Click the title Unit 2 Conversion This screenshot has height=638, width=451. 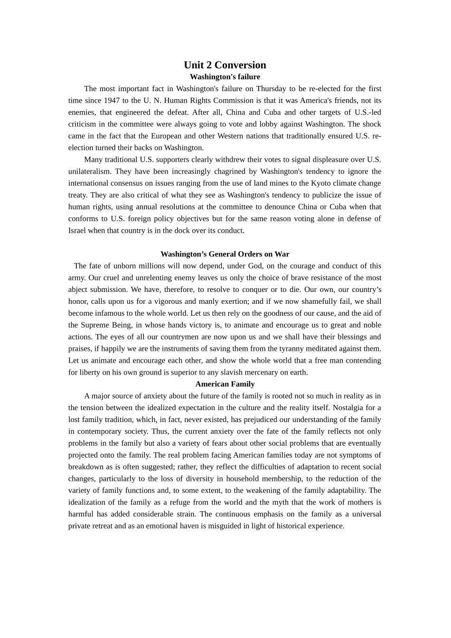coord(225,65)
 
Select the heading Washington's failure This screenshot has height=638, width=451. coord(225,77)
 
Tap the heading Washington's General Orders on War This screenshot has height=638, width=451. coord(225,254)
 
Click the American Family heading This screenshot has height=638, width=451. coord(225,384)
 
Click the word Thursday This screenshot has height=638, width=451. coord(271,89)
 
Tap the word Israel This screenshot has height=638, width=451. coord(77,231)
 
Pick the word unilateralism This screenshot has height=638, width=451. coord(89,171)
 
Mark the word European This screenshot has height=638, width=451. coord(166,136)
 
